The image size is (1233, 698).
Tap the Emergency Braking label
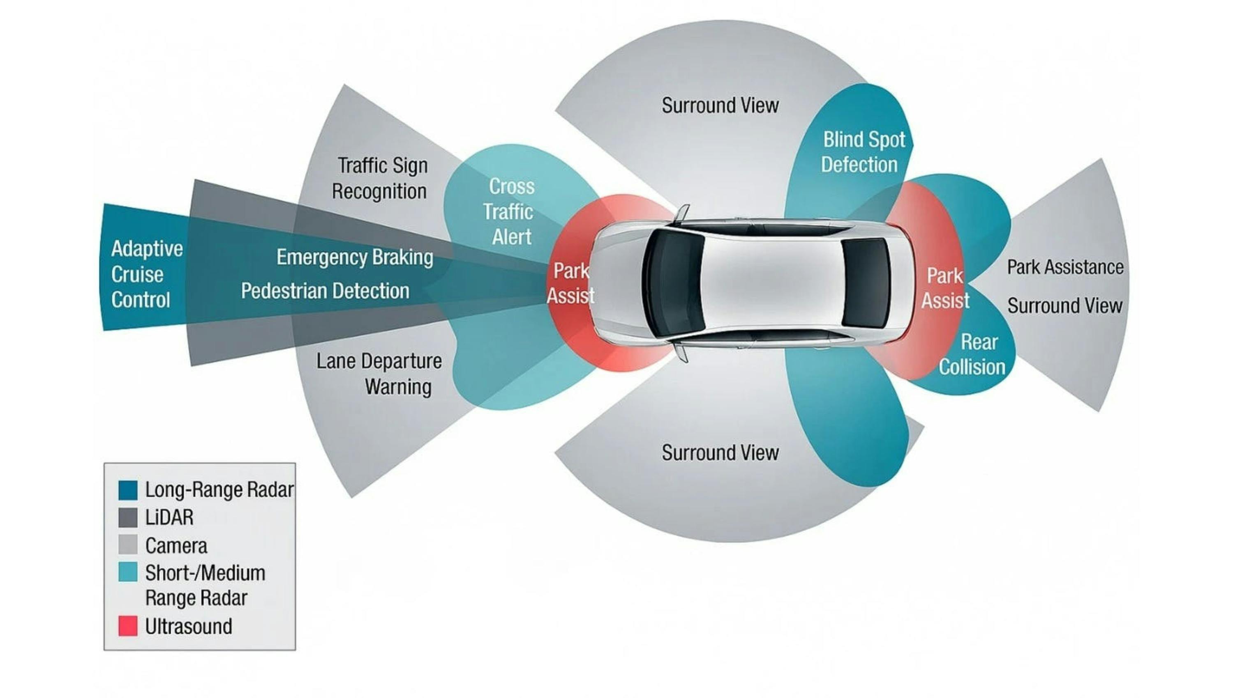[355, 257]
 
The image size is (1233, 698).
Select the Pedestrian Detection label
[325, 291]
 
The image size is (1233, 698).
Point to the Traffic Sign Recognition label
[380, 178]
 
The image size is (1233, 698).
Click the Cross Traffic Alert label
[510, 212]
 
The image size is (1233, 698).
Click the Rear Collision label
[973, 355]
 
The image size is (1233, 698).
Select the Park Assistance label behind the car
[1064, 267]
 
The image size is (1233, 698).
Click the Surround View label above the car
[720, 106]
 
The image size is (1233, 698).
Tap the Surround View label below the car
[720, 452]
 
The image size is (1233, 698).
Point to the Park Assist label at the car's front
[570, 283]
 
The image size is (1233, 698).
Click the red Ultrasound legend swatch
[128, 626]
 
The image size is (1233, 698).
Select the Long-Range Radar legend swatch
[128, 490]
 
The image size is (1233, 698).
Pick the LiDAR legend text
[169, 518]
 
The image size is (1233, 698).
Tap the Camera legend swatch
[128, 545]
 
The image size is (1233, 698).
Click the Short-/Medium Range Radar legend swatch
[128, 572]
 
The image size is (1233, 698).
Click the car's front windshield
[674, 283]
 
